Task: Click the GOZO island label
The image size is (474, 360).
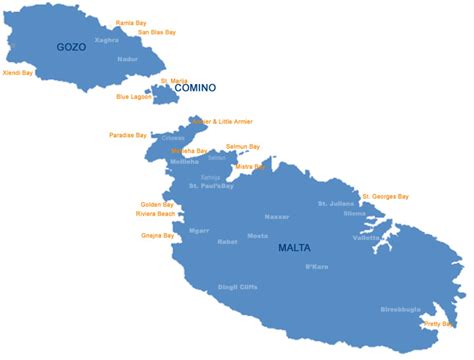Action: (x=72, y=47)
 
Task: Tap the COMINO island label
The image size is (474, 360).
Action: (x=195, y=88)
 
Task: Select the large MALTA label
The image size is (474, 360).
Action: (x=294, y=247)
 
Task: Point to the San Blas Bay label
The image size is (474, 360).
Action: (x=157, y=32)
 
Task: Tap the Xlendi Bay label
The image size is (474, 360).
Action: (x=18, y=72)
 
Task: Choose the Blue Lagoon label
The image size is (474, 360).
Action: (x=134, y=97)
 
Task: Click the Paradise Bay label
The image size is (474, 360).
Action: (x=127, y=135)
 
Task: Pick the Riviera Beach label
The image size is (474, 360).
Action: (x=155, y=214)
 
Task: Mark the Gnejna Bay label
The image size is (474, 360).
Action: (x=158, y=236)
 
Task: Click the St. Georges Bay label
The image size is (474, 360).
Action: (x=386, y=196)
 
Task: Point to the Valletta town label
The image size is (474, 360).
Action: (x=365, y=238)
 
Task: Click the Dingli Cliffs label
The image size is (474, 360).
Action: (x=237, y=288)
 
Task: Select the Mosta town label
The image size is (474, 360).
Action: (x=257, y=236)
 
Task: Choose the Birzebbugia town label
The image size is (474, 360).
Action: (x=401, y=310)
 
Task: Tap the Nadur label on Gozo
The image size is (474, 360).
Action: (x=128, y=59)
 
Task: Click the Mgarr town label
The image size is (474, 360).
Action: (x=199, y=230)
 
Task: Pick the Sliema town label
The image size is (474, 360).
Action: (x=355, y=213)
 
